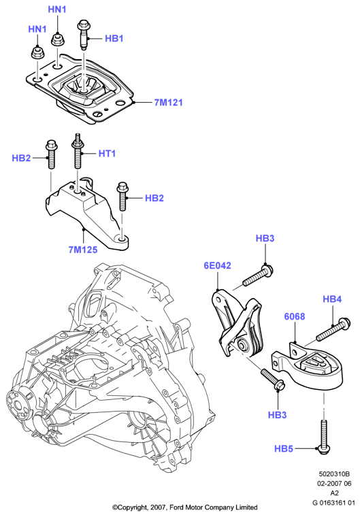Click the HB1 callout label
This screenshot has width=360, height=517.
pyautogui.click(x=114, y=39)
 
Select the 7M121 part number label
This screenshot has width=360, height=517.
pyautogui.click(x=168, y=103)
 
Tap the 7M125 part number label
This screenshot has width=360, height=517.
pyautogui.click(x=83, y=250)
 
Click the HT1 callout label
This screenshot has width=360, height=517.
pyautogui.click(x=107, y=153)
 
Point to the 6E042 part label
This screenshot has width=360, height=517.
pyautogui.click(x=218, y=265)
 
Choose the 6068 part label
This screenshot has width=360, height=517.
pyautogui.click(x=295, y=316)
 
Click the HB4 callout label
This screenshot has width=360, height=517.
pyautogui.click(x=332, y=299)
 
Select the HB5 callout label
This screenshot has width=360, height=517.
pyautogui.click(x=284, y=449)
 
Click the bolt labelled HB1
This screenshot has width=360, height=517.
pyautogui.click(x=84, y=35)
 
